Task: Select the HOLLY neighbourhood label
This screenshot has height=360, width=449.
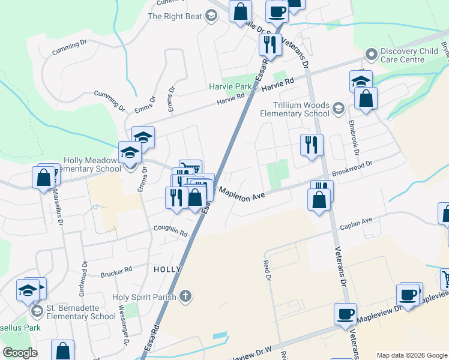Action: pos(167,269)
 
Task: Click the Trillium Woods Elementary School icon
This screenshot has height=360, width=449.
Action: pos(338,108)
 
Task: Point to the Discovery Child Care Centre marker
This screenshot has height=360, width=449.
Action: pos(371,55)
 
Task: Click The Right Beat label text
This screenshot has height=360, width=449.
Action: pos(175,16)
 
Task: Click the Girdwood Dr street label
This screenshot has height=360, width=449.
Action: pos(83,278)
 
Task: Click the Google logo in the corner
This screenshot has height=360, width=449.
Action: pos(19,352)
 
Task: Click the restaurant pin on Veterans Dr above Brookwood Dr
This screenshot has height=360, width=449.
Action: pos(312,145)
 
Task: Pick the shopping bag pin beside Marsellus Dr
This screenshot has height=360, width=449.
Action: pos(44,178)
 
